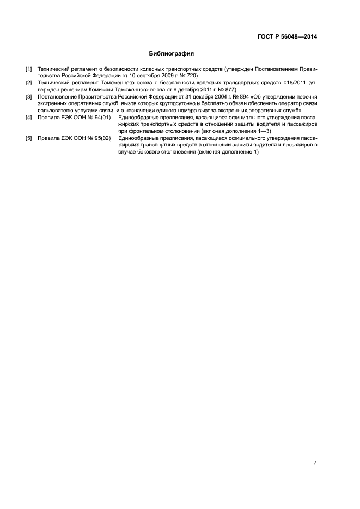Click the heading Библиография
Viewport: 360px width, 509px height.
(x=172, y=54)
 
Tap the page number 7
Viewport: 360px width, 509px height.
(x=315, y=463)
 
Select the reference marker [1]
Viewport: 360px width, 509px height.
(x=29, y=69)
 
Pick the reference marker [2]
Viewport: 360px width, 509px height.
(x=29, y=82)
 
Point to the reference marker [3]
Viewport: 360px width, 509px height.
(x=29, y=96)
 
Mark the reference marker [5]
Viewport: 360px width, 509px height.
(x=29, y=138)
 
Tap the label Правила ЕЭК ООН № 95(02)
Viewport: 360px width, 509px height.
(x=74, y=138)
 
